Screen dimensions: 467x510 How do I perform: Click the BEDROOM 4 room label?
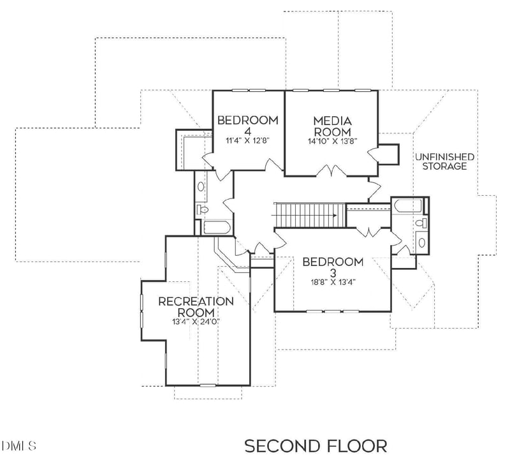(x=248, y=125)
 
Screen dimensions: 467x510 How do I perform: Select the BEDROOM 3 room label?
(x=333, y=267)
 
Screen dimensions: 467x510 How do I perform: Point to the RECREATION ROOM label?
(x=196, y=306)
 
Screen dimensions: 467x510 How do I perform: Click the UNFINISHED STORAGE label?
(x=444, y=161)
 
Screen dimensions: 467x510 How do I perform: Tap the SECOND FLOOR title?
(x=316, y=445)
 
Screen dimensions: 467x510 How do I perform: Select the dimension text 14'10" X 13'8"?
(x=332, y=140)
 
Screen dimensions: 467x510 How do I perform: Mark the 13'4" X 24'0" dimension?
(x=196, y=322)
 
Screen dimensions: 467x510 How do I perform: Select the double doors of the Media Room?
(x=331, y=171)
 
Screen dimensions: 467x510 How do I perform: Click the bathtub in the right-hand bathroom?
(x=407, y=206)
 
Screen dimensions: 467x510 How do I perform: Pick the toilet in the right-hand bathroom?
(x=421, y=223)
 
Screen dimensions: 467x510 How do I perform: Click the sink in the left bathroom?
(x=201, y=187)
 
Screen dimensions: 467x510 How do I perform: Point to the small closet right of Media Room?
(x=388, y=153)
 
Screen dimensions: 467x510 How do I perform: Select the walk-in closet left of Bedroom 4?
(x=189, y=148)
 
